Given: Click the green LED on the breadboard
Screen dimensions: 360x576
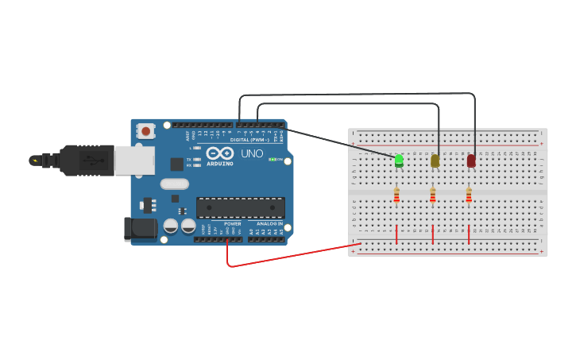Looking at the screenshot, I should tap(399, 161).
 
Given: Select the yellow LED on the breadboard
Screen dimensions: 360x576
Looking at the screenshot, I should tap(435, 161).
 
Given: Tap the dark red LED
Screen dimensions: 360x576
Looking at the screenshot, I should tap(471, 161).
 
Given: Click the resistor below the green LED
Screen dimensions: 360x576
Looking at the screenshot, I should tap(396, 195).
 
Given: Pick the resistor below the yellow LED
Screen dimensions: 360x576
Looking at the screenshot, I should tap(433, 195).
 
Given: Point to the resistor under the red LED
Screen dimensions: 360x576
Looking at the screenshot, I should tap(469, 195).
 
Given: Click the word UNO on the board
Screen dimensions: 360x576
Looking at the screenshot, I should tap(252, 153).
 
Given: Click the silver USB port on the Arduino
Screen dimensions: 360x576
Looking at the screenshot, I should tap(133, 161).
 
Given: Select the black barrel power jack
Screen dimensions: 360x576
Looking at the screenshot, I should tap(141, 229).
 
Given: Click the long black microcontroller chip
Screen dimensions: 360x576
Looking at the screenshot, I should tap(241, 208).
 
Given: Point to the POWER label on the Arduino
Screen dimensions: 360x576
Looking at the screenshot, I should tap(233, 224).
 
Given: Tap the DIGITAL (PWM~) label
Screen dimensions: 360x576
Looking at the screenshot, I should tap(250, 139).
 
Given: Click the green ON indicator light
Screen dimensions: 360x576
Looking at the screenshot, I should tap(271, 160).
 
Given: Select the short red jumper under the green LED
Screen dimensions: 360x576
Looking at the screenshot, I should tap(396, 234).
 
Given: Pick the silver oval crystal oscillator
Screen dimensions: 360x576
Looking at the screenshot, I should tap(175, 184).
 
